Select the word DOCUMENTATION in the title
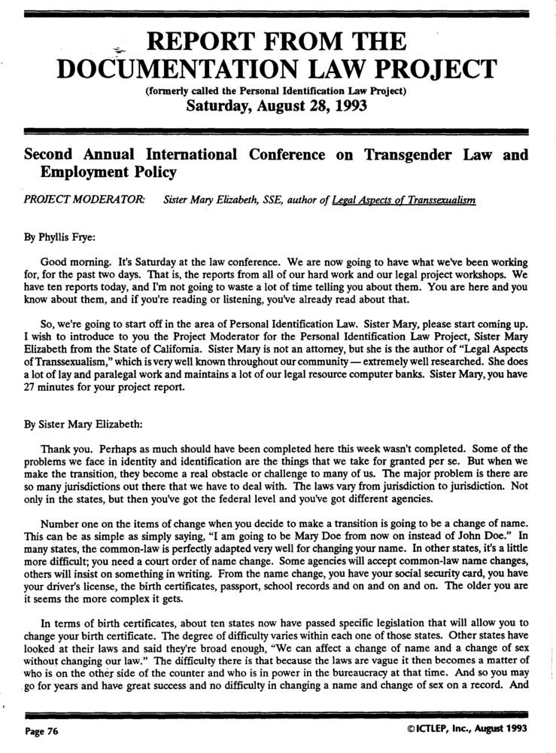tap(160, 70)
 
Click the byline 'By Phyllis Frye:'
tap(58, 235)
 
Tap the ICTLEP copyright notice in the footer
tap(465, 729)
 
